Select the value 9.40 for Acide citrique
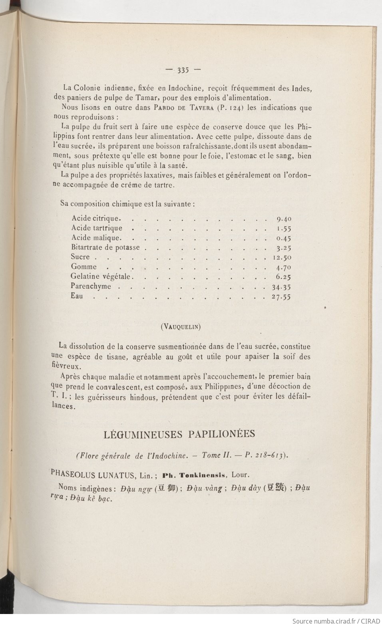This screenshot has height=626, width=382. pyautogui.click(x=284, y=219)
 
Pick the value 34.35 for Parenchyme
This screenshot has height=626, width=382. pyautogui.click(x=282, y=287)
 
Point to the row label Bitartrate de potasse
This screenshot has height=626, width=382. pyautogui.click(x=105, y=247)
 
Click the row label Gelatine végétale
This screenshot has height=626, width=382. pyautogui.click(x=101, y=277)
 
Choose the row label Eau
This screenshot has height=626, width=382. pyautogui.click(x=77, y=296)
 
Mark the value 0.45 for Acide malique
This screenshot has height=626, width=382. pyautogui.click(x=284, y=238)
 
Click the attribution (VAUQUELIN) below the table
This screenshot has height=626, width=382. pyautogui.click(x=180, y=327)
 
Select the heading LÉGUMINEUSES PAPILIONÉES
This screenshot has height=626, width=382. pyautogui.click(x=179, y=435)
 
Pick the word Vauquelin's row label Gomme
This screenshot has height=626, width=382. pyautogui.click(x=84, y=267)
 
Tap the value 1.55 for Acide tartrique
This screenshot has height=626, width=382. pyautogui.click(x=284, y=229)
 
